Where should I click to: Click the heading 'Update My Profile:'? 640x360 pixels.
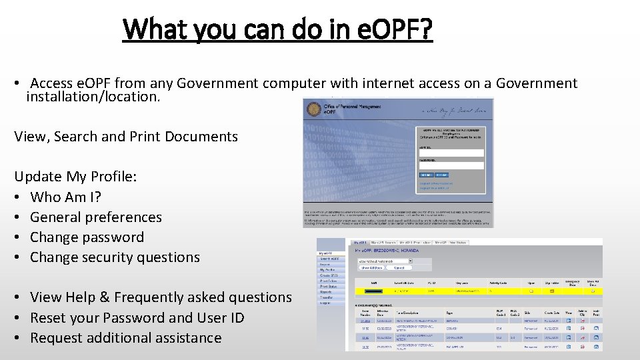(x=75, y=177)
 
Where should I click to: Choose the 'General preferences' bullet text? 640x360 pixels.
(x=96, y=217)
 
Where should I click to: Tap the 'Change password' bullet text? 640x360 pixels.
(x=87, y=237)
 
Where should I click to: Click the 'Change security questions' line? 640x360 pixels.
(x=115, y=257)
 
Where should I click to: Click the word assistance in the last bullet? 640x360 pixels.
(x=187, y=337)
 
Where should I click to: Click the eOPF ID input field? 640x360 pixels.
(x=451, y=153)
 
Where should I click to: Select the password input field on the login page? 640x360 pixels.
(x=451, y=165)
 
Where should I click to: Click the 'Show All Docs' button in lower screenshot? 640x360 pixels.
(x=373, y=267)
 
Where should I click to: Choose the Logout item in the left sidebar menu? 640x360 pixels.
(x=326, y=302)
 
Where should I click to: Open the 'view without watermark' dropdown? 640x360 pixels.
(x=385, y=261)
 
